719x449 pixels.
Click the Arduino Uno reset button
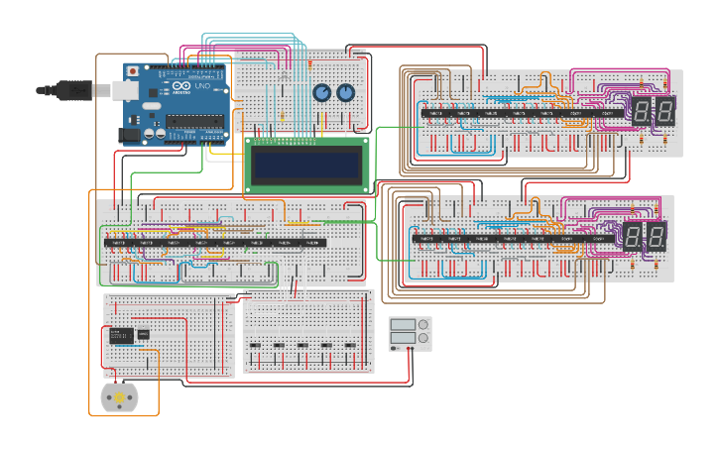tap(131, 72)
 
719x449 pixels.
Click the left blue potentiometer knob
tap(322, 93)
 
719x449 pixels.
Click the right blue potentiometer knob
tap(345, 93)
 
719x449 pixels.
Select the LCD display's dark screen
tap(305, 165)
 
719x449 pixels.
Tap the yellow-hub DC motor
tap(120, 397)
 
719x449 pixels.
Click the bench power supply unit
tap(410, 334)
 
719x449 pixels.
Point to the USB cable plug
tap(74, 90)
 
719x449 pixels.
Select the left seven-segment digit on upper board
tap(642, 111)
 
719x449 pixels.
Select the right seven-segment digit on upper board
tap(665, 111)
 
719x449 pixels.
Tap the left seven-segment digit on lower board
tap(632, 236)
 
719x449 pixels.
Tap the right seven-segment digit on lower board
tap(656, 236)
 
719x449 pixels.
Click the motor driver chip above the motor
tap(121, 335)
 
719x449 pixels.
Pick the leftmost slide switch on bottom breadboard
tap(255, 346)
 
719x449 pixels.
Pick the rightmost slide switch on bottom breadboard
tap(350, 346)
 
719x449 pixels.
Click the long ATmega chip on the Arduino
tap(194, 122)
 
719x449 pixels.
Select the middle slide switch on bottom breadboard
tap(302, 346)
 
